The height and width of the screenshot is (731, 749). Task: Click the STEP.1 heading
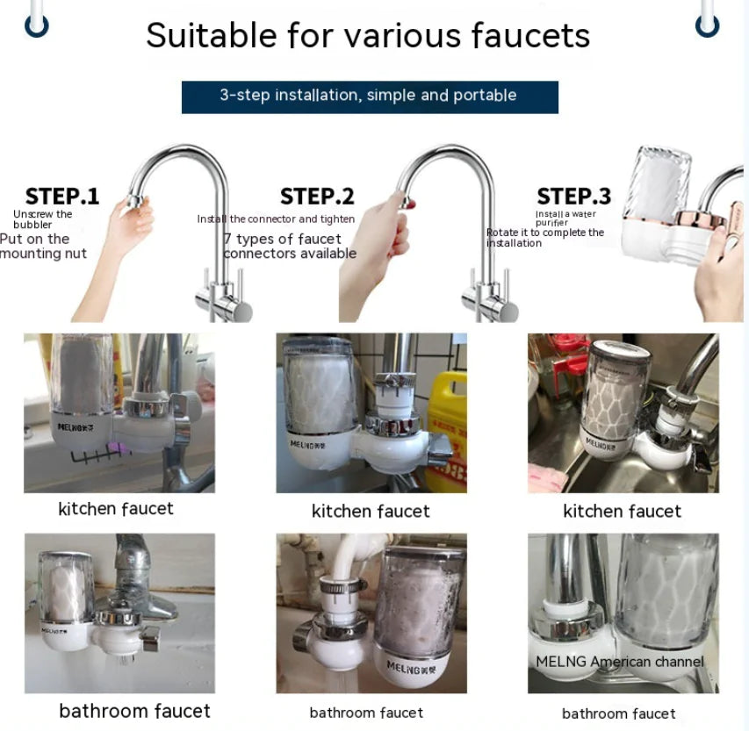pyautogui.click(x=62, y=197)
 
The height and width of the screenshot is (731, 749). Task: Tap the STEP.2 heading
pyautogui.click(x=317, y=197)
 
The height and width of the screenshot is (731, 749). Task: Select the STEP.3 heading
pyautogui.click(x=573, y=197)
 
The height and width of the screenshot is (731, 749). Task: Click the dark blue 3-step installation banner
pyautogui.click(x=369, y=97)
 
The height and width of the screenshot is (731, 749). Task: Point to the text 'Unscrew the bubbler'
pyautogui.click(x=42, y=219)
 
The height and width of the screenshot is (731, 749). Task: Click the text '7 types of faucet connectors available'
pyautogui.click(x=289, y=247)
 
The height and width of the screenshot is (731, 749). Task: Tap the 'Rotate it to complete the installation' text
pyautogui.click(x=545, y=238)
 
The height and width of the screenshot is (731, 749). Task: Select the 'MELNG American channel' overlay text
pyautogui.click(x=620, y=662)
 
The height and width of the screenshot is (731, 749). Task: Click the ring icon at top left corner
pyautogui.click(x=35, y=25)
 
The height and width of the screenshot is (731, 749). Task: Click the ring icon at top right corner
pyautogui.click(x=707, y=25)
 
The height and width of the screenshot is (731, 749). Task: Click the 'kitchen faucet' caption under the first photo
pyautogui.click(x=116, y=509)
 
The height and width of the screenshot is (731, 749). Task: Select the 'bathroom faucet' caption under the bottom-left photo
pyautogui.click(x=134, y=711)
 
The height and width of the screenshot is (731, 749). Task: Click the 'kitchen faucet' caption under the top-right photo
pyautogui.click(x=622, y=511)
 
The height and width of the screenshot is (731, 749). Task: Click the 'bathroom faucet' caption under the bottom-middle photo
pyautogui.click(x=366, y=713)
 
